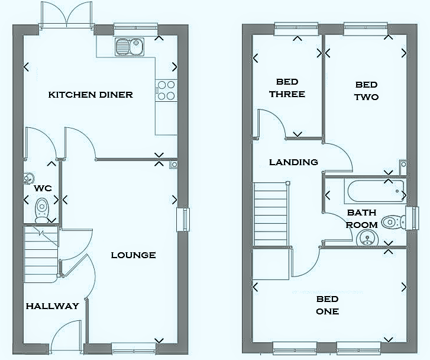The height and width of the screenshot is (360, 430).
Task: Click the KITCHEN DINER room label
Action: tap(90, 95)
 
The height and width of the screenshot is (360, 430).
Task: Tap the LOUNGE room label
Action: tap(134, 255)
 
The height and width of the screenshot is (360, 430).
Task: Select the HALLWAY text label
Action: tap(52, 306)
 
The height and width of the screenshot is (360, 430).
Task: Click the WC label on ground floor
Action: tap(43, 188)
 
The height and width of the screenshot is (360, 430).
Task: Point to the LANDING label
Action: tap(293, 162)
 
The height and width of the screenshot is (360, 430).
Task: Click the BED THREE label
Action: tap(287, 88)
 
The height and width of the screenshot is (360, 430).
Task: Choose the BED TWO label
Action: tap(366, 91)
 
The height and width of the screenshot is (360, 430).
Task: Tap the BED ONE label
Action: tap(327, 305)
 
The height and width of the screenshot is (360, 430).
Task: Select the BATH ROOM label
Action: tap(362, 218)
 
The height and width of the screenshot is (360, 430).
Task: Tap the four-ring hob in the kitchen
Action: tap(166, 89)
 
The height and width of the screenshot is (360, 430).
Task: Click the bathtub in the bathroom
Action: tap(374, 191)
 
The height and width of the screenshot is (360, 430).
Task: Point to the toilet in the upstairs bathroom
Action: tap(392, 223)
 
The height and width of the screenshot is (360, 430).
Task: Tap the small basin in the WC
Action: tap(28, 178)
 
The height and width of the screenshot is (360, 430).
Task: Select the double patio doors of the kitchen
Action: tap(66, 15)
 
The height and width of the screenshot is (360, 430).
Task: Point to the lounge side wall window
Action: tap(183, 220)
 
